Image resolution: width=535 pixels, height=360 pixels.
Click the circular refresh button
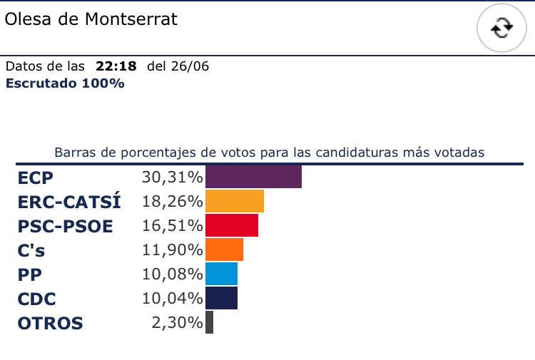(502, 28)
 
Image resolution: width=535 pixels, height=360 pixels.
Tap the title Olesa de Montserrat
(91, 19)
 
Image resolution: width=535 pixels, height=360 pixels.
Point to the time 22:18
(116, 67)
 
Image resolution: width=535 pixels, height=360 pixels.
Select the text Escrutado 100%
(65, 83)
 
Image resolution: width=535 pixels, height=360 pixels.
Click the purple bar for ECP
(253, 177)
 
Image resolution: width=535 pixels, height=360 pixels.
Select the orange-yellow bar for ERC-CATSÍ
(235, 201)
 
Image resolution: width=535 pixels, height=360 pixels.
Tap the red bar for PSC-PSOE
(232, 225)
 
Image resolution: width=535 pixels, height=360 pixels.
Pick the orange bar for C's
(224, 250)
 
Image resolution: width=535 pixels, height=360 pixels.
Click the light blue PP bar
(221, 274)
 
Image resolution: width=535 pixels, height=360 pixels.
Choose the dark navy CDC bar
(221, 298)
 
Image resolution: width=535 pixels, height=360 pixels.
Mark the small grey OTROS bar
(209, 322)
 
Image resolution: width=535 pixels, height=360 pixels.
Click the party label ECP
(36, 178)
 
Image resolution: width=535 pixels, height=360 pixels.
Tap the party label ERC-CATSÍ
(69, 202)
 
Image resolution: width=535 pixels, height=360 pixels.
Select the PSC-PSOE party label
(65, 226)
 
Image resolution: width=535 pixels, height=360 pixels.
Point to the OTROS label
(50, 323)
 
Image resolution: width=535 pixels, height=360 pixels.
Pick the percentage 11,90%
(171, 250)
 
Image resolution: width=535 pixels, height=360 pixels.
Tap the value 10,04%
(171, 299)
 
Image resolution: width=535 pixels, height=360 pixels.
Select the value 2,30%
(177, 323)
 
